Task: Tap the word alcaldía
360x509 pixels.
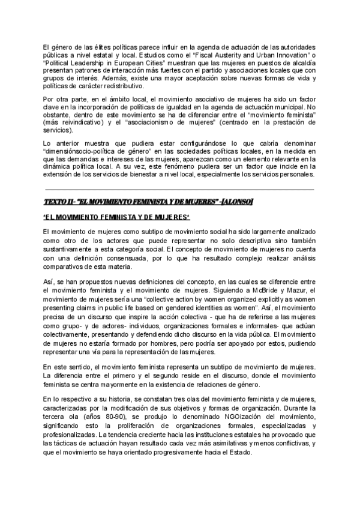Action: pyautogui.click(x=303, y=65)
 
